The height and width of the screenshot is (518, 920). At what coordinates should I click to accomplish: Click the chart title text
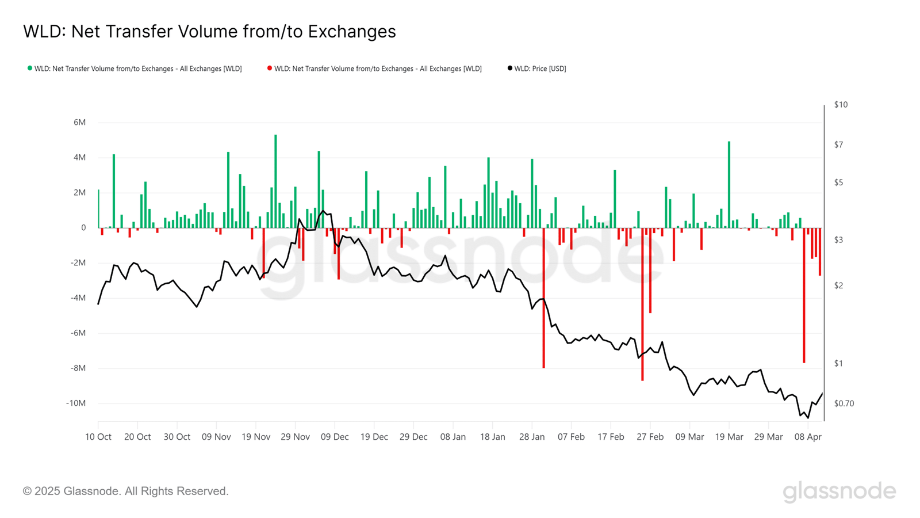click(x=209, y=32)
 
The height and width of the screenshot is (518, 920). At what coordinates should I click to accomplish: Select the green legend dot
click(x=30, y=68)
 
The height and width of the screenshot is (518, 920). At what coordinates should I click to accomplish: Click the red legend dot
click(x=270, y=68)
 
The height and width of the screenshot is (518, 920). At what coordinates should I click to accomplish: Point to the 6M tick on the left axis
click(x=79, y=123)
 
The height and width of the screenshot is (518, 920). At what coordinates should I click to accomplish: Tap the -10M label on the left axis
click(x=76, y=403)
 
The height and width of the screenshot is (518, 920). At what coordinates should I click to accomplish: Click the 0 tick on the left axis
click(x=83, y=228)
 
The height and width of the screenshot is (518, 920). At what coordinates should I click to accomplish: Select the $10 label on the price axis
click(x=841, y=105)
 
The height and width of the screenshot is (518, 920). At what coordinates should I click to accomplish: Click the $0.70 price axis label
click(x=844, y=403)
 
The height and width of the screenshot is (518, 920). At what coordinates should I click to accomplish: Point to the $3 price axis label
click(x=838, y=240)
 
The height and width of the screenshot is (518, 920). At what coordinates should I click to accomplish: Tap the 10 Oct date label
click(x=98, y=437)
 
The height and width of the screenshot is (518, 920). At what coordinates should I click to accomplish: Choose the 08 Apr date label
click(x=808, y=437)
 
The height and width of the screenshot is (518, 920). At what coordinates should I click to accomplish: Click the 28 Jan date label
click(x=532, y=437)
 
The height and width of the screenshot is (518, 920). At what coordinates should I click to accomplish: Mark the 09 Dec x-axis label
click(x=335, y=437)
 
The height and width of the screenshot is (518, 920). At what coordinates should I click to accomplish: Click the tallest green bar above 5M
click(x=275, y=181)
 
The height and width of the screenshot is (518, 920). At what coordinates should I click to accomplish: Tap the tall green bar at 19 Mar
click(x=729, y=184)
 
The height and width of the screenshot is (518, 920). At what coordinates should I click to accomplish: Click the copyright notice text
click(x=126, y=492)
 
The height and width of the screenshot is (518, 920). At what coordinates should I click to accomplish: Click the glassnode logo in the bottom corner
click(x=839, y=492)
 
